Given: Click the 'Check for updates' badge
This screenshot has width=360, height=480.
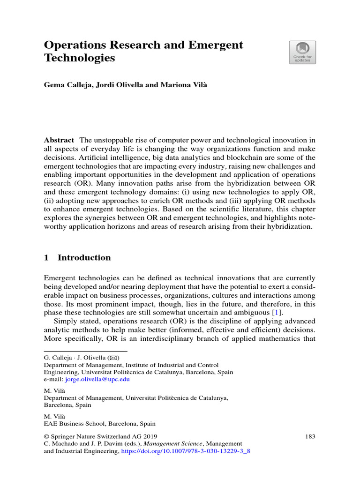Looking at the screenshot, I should [x=302, y=52].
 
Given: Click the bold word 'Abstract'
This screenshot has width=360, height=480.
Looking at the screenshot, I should [x=59, y=140].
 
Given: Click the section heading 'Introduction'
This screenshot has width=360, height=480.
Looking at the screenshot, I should [x=84, y=257].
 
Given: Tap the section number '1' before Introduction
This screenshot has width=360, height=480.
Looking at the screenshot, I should [x=46, y=257].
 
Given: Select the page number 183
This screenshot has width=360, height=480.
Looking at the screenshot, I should [x=310, y=436].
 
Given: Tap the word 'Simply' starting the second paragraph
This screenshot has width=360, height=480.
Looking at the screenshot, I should [x=65, y=321].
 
